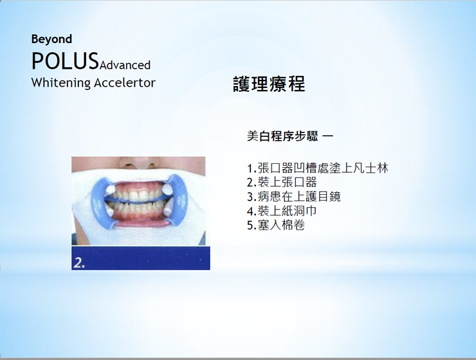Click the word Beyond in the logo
coord(51,39)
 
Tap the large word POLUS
coord(65,61)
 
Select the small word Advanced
coord(125,65)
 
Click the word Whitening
coord(61,83)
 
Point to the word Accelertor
coord(125,83)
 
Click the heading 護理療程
coord(269,84)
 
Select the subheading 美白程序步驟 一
coord(290,136)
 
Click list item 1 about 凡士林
coord(318,168)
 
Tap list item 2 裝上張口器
coord(282,183)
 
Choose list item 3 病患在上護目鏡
coord(294,197)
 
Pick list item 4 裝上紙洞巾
coord(282,211)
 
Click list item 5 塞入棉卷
coord(276,226)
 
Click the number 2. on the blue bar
coord(79,263)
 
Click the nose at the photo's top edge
coord(138,162)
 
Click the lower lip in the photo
coord(140,223)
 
